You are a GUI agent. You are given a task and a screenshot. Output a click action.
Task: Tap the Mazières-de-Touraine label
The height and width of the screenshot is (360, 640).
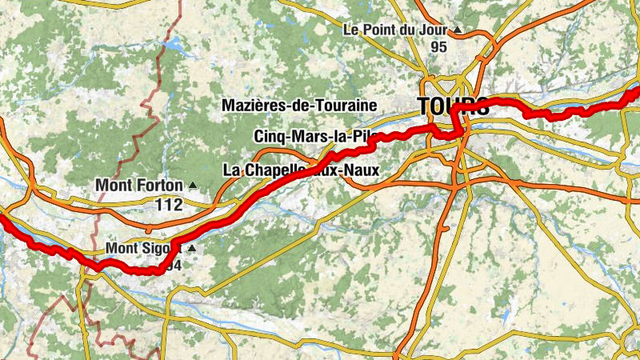tap(300, 105)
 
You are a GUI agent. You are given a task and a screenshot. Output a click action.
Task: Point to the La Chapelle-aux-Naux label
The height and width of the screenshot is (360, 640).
tap(300, 170)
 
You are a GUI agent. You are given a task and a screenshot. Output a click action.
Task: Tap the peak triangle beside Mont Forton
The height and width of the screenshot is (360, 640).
tap(192, 185)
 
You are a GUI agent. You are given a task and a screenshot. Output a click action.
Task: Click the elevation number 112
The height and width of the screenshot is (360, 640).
tap(169, 205)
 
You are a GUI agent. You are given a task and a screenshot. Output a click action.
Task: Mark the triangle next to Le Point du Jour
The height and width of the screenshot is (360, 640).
tap(458, 30)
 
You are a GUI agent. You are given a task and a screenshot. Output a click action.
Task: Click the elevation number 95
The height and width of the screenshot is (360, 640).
tap(438, 47)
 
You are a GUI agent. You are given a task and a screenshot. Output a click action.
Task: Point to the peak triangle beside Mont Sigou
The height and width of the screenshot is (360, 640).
tap(191, 249)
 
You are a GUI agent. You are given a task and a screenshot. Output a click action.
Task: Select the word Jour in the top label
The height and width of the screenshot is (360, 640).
tap(434, 30)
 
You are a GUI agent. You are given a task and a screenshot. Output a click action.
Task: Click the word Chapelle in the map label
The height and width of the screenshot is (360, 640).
tap(271, 170)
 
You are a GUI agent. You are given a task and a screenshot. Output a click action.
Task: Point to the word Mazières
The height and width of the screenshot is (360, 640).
tap(253, 105)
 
